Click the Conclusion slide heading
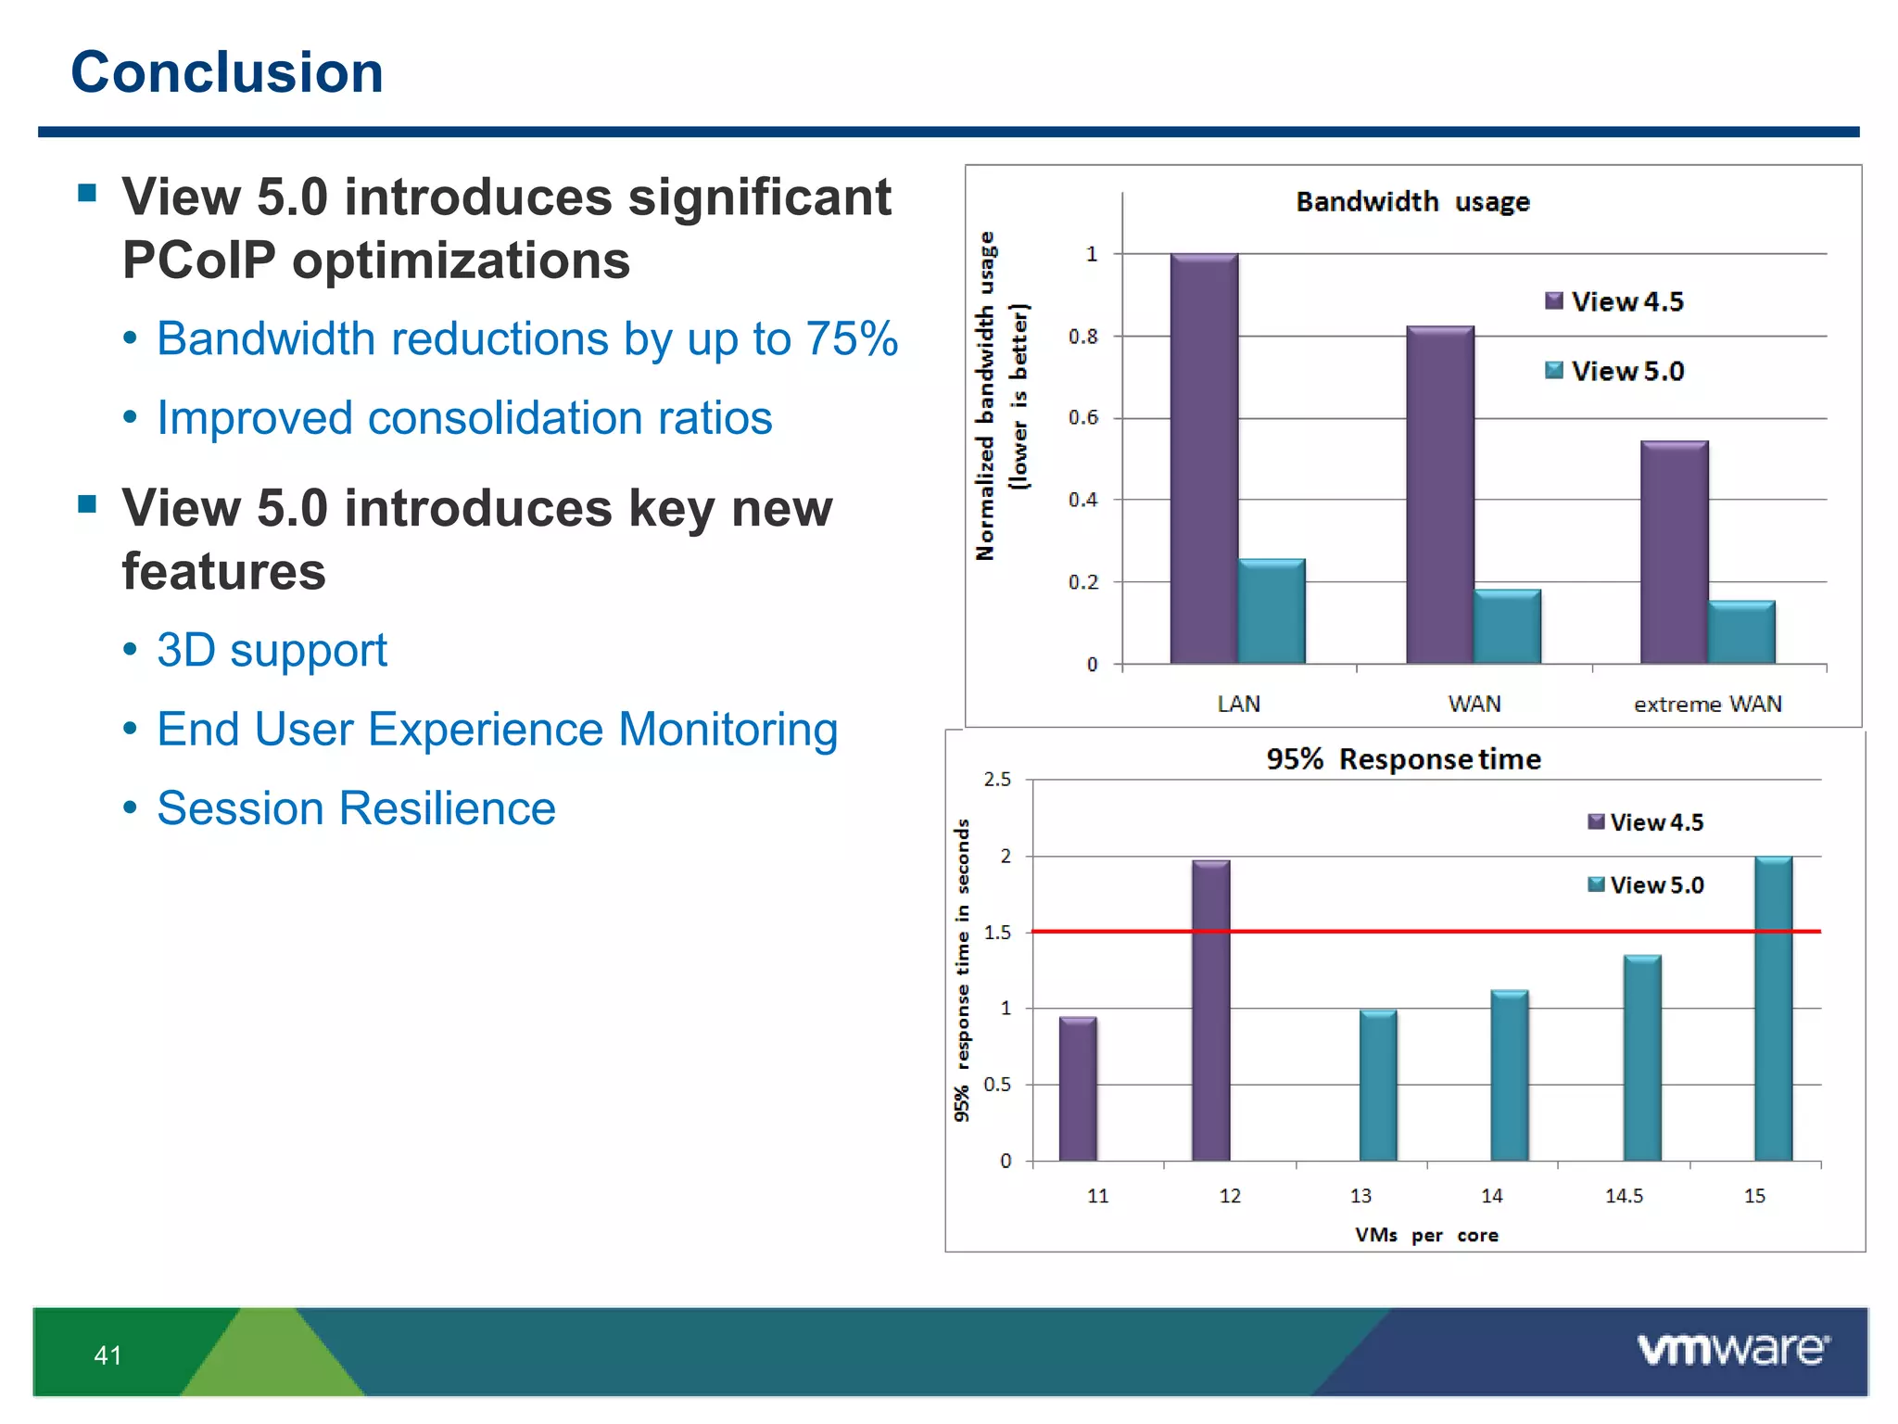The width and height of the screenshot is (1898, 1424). click(x=227, y=72)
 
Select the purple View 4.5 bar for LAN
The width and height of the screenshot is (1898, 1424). click(x=1203, y=459)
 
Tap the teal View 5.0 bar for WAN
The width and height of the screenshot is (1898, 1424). click(x=1507, y=627)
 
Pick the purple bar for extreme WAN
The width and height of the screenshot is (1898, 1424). click(x=1674, y=553)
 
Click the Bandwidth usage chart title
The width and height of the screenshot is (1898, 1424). click(x=1411, y=202)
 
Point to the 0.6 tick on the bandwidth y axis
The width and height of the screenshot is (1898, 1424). click(x=1082, y=418)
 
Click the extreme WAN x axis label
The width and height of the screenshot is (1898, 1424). click(x=1707, y=705)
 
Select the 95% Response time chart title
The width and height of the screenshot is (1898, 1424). click(x=1403, y=759)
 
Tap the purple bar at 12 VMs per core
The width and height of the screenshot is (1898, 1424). click(x=1210, y=1011)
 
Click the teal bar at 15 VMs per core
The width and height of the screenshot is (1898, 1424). click(x=1773, y=1009)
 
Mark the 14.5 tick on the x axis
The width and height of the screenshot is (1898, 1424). click(x=1624, y=1196)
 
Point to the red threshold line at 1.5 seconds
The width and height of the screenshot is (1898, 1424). click(x=1483, y=931)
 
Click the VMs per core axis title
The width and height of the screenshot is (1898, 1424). click(x=1425, y=1235)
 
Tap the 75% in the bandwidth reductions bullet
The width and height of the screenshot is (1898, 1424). click(x=851, y=339)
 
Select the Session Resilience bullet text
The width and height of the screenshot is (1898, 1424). click(x=356, y=808)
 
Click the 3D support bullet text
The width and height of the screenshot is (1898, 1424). click(x=272, y=650)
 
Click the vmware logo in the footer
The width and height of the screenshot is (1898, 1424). click(x=1733, y=1350)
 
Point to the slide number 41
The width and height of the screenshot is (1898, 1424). click(x=108, y=1355)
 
